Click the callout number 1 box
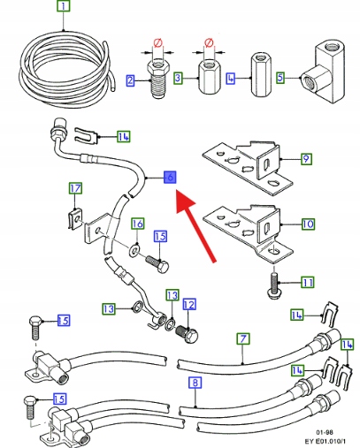coord(64,6)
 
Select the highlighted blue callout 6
coord(170,177)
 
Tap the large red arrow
coord(195,225)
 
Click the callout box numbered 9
coord(306,159)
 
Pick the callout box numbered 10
coord(308,224)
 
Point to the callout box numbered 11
coord(308,283)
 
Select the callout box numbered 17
coord(75,188)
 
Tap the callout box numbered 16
coord(138,224)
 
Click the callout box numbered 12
coord(189,305)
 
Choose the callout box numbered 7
coord(242,338)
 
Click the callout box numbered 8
coord(195,383)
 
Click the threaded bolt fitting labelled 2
coord(157,79)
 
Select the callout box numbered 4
coord(231,79)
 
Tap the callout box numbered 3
coord(178,78)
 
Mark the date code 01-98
coord(325,432)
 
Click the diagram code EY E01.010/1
coord(326,441)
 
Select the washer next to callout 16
coord(134,250)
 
